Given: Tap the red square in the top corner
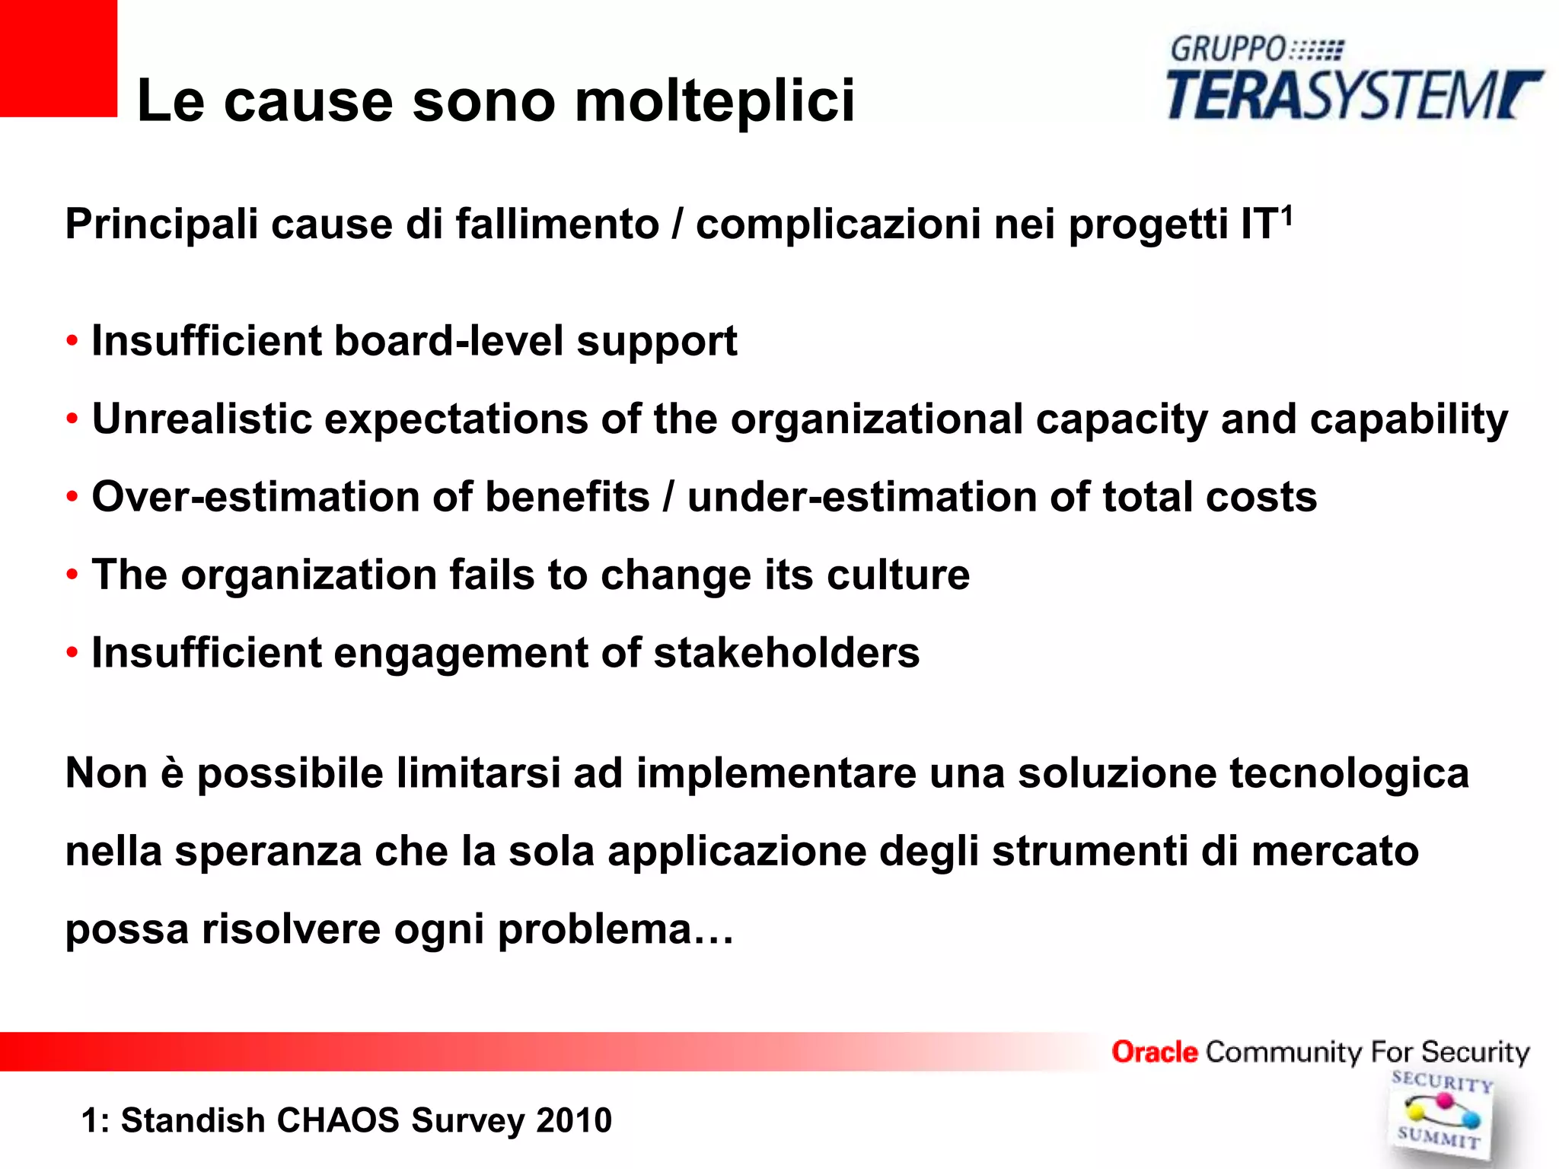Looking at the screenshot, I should [58, 58].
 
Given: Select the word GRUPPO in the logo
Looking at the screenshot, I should [1227, 49].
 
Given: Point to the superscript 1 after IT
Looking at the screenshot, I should [1286, 215].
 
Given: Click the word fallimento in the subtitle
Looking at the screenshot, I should [557, 225].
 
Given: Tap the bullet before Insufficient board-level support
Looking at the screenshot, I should [72, 340].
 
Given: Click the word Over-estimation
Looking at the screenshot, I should [256, 497].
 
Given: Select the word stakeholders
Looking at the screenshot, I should [786, 653].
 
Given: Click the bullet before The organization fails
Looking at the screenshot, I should [72, 574].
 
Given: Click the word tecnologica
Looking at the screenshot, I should [1349, 774].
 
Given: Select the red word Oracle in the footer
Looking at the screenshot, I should [1154, 1052].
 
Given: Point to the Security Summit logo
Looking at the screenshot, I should [1440, 1114].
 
